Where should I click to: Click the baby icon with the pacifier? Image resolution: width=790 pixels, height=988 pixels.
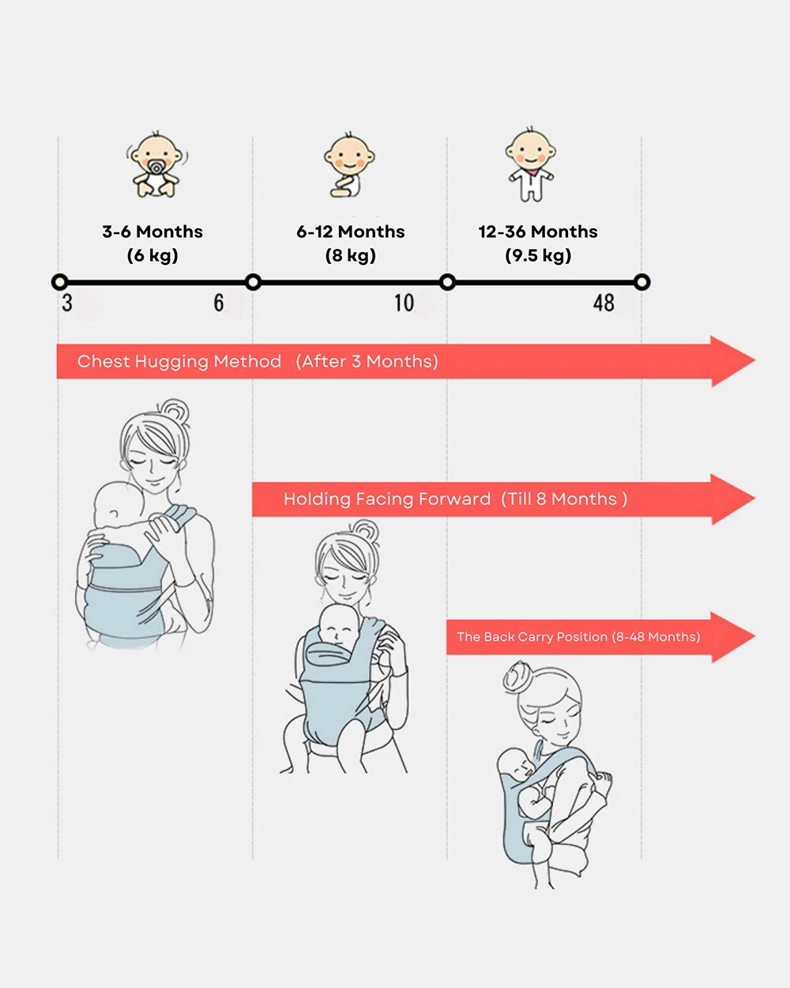coord(157,164)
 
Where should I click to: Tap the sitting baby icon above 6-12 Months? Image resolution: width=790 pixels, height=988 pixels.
coord(349,165)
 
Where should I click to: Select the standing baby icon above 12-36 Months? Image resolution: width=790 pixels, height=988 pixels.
coord(531,164)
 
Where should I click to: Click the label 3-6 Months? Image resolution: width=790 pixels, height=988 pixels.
coord(152,232)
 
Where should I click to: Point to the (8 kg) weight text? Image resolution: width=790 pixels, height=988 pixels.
coord(350,255)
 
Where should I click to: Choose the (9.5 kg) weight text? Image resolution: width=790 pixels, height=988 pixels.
coord(538,255)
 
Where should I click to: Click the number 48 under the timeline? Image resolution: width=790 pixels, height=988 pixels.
coord(604,303)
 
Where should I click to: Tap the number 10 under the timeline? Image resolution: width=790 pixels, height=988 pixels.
coord(404,303)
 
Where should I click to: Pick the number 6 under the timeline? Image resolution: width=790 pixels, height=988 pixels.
coord(219,303)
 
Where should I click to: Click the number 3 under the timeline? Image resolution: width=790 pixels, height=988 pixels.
coord(67,303)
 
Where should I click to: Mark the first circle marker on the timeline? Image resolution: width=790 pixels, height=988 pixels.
coord(60,282)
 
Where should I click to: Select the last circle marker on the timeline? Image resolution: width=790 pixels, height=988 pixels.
coord(641,282)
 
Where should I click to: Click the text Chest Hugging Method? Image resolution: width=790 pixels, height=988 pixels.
coord(179,361)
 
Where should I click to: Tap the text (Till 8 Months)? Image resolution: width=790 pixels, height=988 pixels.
coord(564,499)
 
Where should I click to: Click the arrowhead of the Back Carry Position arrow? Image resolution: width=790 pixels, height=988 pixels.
coord(733,637)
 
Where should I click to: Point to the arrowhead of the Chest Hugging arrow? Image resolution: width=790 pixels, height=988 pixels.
coord(733,361)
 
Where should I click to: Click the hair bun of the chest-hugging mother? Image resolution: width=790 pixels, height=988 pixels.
coord(175,411)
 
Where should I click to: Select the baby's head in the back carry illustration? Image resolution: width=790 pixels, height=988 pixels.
coord(516,764)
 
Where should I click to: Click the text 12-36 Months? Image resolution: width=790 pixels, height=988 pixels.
coord(538,232)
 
